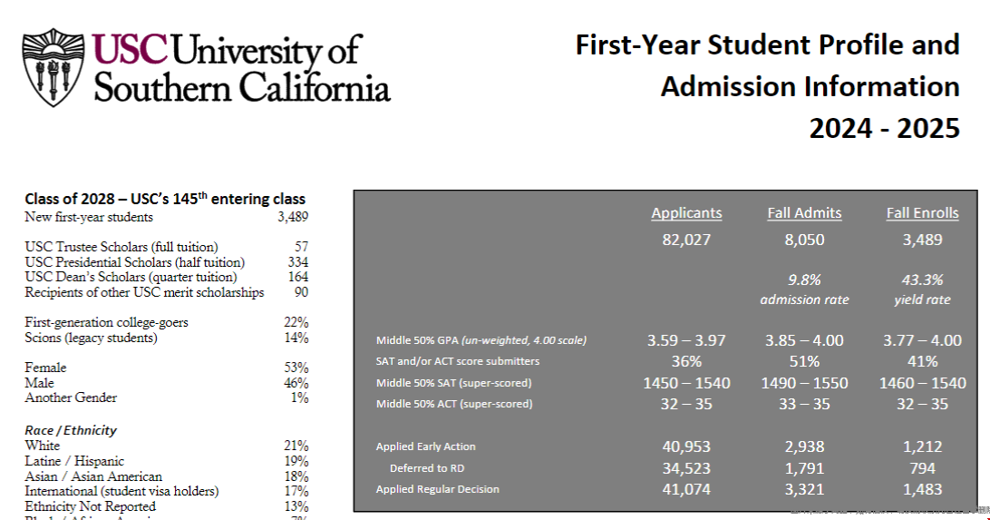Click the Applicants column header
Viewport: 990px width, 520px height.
[x=686, y=213]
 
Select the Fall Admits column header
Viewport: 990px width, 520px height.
[x=804, y=213]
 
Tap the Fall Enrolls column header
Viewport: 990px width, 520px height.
[x=922, y=213]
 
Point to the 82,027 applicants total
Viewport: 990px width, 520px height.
[x=686, y=240]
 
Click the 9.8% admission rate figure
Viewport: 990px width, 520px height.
[x=804, y=280]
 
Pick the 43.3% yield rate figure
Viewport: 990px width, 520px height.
[x=922, y=280]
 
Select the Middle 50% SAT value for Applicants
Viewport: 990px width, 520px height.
[x=686, y=383]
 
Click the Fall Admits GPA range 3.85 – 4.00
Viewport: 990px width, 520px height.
[x=804, y=340]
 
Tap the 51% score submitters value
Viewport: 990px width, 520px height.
[x=804, y=361]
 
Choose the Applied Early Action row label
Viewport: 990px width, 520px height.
[x=425, y=446]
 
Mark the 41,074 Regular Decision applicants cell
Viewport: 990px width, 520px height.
[x=686, y=490]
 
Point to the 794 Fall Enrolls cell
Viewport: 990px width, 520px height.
[x=922, y=468]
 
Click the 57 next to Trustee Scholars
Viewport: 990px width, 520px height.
[x=301, y=247]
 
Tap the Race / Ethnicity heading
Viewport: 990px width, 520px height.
[x=71, y=430]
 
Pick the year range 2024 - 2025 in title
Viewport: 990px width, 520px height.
[x=884, y=129]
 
